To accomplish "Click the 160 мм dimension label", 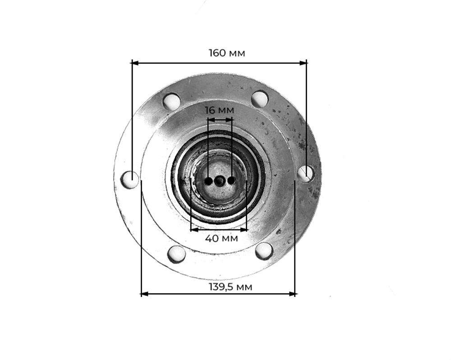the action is [x=227, y=53].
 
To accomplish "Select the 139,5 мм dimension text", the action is [x=230, y=287].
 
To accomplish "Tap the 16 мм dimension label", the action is [x=220, y=110].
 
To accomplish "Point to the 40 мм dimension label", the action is [x=221, y=238].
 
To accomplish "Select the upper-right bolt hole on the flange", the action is [x=260, y=99].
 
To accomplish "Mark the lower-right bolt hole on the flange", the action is [x=264, y=251].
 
